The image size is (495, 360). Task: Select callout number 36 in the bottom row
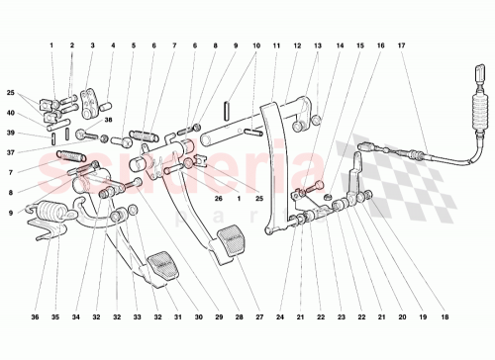pyautogui.click(x=37, y=316)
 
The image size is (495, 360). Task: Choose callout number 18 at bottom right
pyautogui.click(x=445, y=316)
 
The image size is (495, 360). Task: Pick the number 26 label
pyautogui.click(x=220, y=198)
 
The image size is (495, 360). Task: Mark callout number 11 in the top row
pyautogui.click(x=274, y=45)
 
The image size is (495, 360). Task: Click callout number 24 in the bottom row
pyautogui.click(x=280, y=316)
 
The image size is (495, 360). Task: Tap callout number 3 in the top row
pyautogui.click(x=92, y=45)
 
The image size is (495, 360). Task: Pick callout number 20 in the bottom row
pyautogui.click(x=402, y=316)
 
